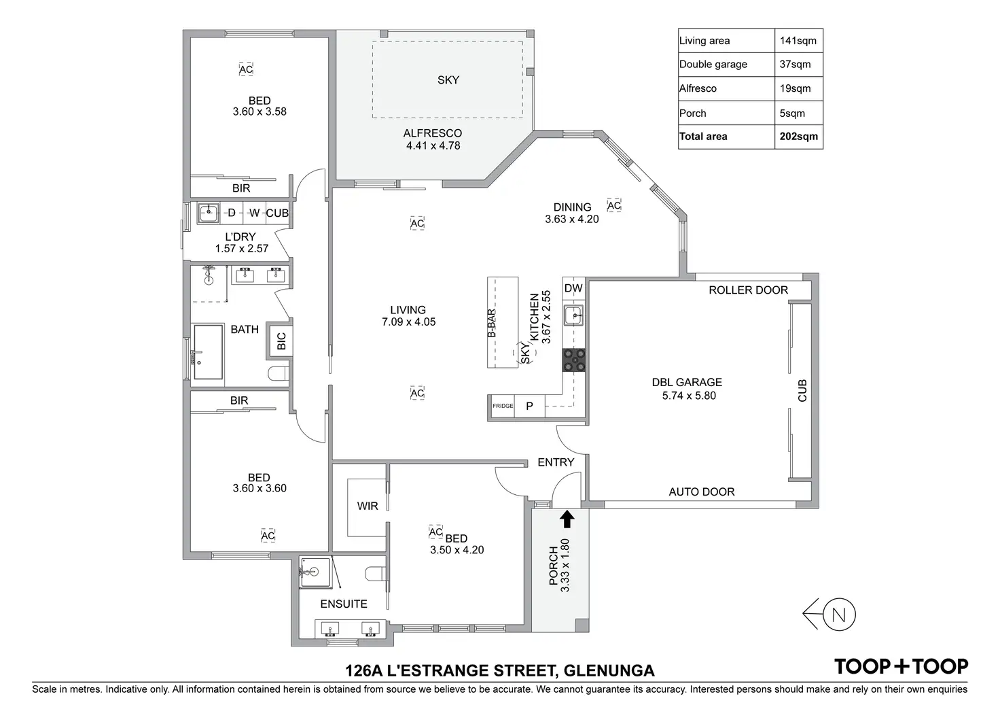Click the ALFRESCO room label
coord(433,133)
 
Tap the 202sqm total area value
coord(798,136)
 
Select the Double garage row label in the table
coord(713,65)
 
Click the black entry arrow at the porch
coord(567,519)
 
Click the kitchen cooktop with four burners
coord(574,360)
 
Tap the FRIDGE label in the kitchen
coord(503,406)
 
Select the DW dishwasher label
coord(574,288)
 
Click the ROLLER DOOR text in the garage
coord(748,290)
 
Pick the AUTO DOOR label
coord(702,492)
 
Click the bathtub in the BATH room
coord(209,351)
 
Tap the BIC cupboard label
coord(281,341)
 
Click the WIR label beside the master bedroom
coord(368,506)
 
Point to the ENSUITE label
coord(344,604)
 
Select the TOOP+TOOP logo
coord(901,667)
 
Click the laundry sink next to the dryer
coord(208,213)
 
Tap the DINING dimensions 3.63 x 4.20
coord(572,219)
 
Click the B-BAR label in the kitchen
coord(491,323)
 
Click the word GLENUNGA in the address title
coord(608,671)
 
